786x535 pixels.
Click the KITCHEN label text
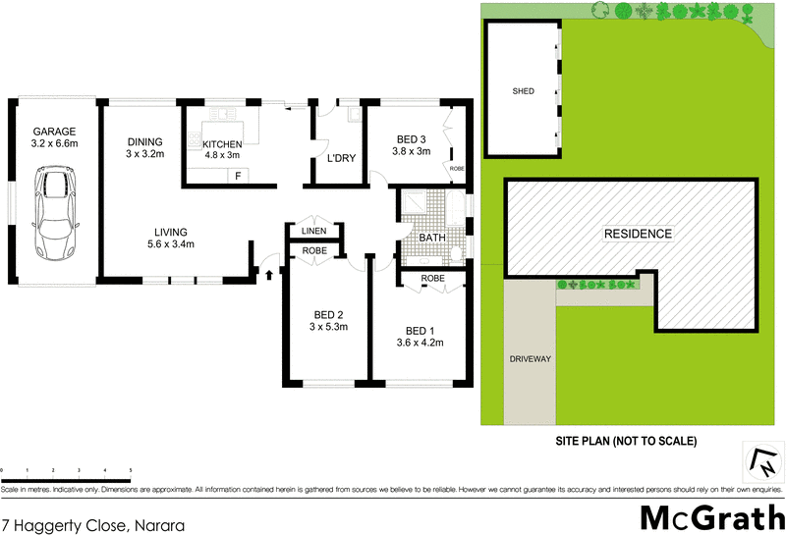221,143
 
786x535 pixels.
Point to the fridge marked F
237,176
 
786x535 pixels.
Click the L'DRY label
341,159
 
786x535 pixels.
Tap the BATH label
432,238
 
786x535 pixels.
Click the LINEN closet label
314,231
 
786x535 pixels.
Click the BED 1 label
419,329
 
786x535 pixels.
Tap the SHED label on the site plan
523,91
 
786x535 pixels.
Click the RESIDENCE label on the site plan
638,234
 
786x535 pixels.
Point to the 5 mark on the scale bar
131,472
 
